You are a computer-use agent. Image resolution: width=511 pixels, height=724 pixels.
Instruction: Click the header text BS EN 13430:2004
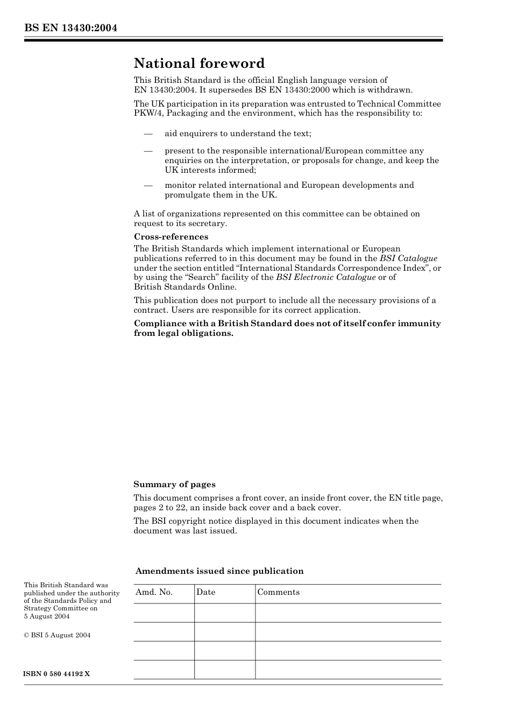[x=70, y=28]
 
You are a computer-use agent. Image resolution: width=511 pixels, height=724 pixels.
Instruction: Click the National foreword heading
[x=199, y=64]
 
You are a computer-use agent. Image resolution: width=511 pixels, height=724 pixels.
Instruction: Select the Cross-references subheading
[x=171, y=237]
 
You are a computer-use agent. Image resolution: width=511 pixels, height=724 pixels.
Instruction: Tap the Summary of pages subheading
[x=174, y=484]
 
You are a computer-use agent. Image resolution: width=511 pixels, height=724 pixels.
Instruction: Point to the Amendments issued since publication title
[x=219, y=571]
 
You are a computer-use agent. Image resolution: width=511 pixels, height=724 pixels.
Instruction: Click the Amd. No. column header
[x=154, y=592]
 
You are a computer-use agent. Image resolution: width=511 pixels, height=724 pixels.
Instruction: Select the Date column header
[x=205, y=592]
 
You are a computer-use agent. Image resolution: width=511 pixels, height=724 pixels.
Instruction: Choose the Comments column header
[x=278, y=592]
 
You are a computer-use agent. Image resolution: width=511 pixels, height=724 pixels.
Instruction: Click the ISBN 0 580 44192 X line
[x=56, y=674]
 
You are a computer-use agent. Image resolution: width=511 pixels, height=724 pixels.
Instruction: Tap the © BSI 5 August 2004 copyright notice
[x=57, y=635]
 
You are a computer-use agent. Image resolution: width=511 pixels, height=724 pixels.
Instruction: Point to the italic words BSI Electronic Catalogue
[x=325, y=277]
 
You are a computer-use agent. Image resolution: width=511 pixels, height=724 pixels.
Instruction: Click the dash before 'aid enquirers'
[x=148, y=133]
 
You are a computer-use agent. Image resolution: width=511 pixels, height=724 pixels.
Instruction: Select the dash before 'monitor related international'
[x=148, y=185]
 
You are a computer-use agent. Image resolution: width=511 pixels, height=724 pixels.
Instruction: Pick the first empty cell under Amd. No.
[x=164, y=613]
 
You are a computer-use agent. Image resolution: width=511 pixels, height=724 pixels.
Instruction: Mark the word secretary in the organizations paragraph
[x=208, y=223]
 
